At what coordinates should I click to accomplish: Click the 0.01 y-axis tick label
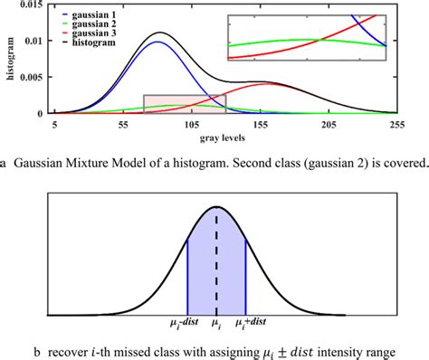[x=33, y=42]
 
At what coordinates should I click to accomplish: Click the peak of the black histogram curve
[x=160, y=33]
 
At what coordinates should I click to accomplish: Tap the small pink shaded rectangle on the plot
[x=185, y=103]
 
